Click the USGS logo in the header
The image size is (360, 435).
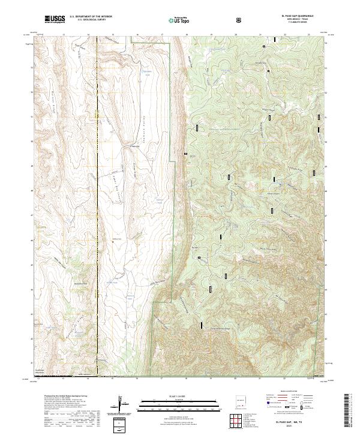(x=53, y=19)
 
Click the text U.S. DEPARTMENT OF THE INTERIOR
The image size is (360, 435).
(x=91, y=17)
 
